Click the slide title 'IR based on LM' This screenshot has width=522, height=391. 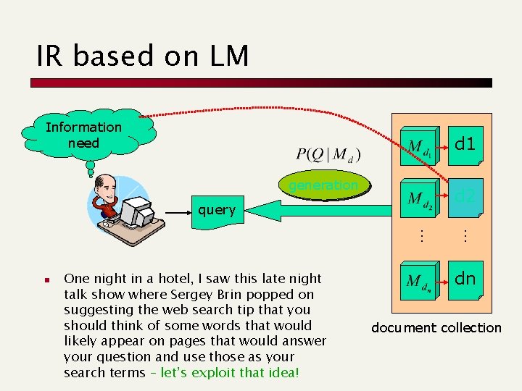143,56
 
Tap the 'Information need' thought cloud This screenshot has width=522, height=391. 84,135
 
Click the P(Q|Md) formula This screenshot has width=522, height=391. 328,155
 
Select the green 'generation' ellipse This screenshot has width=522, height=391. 323,186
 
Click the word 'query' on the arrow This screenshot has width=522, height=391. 217,210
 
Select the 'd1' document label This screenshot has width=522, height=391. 464,144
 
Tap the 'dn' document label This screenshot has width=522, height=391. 464,278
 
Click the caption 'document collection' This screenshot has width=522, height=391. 436,328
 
